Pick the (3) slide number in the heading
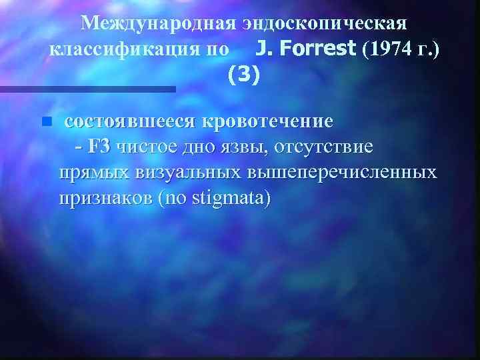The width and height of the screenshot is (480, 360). tap(241, 75)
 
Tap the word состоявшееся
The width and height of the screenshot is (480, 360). tap(133, 122)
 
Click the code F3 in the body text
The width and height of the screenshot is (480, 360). tap(104, 147)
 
